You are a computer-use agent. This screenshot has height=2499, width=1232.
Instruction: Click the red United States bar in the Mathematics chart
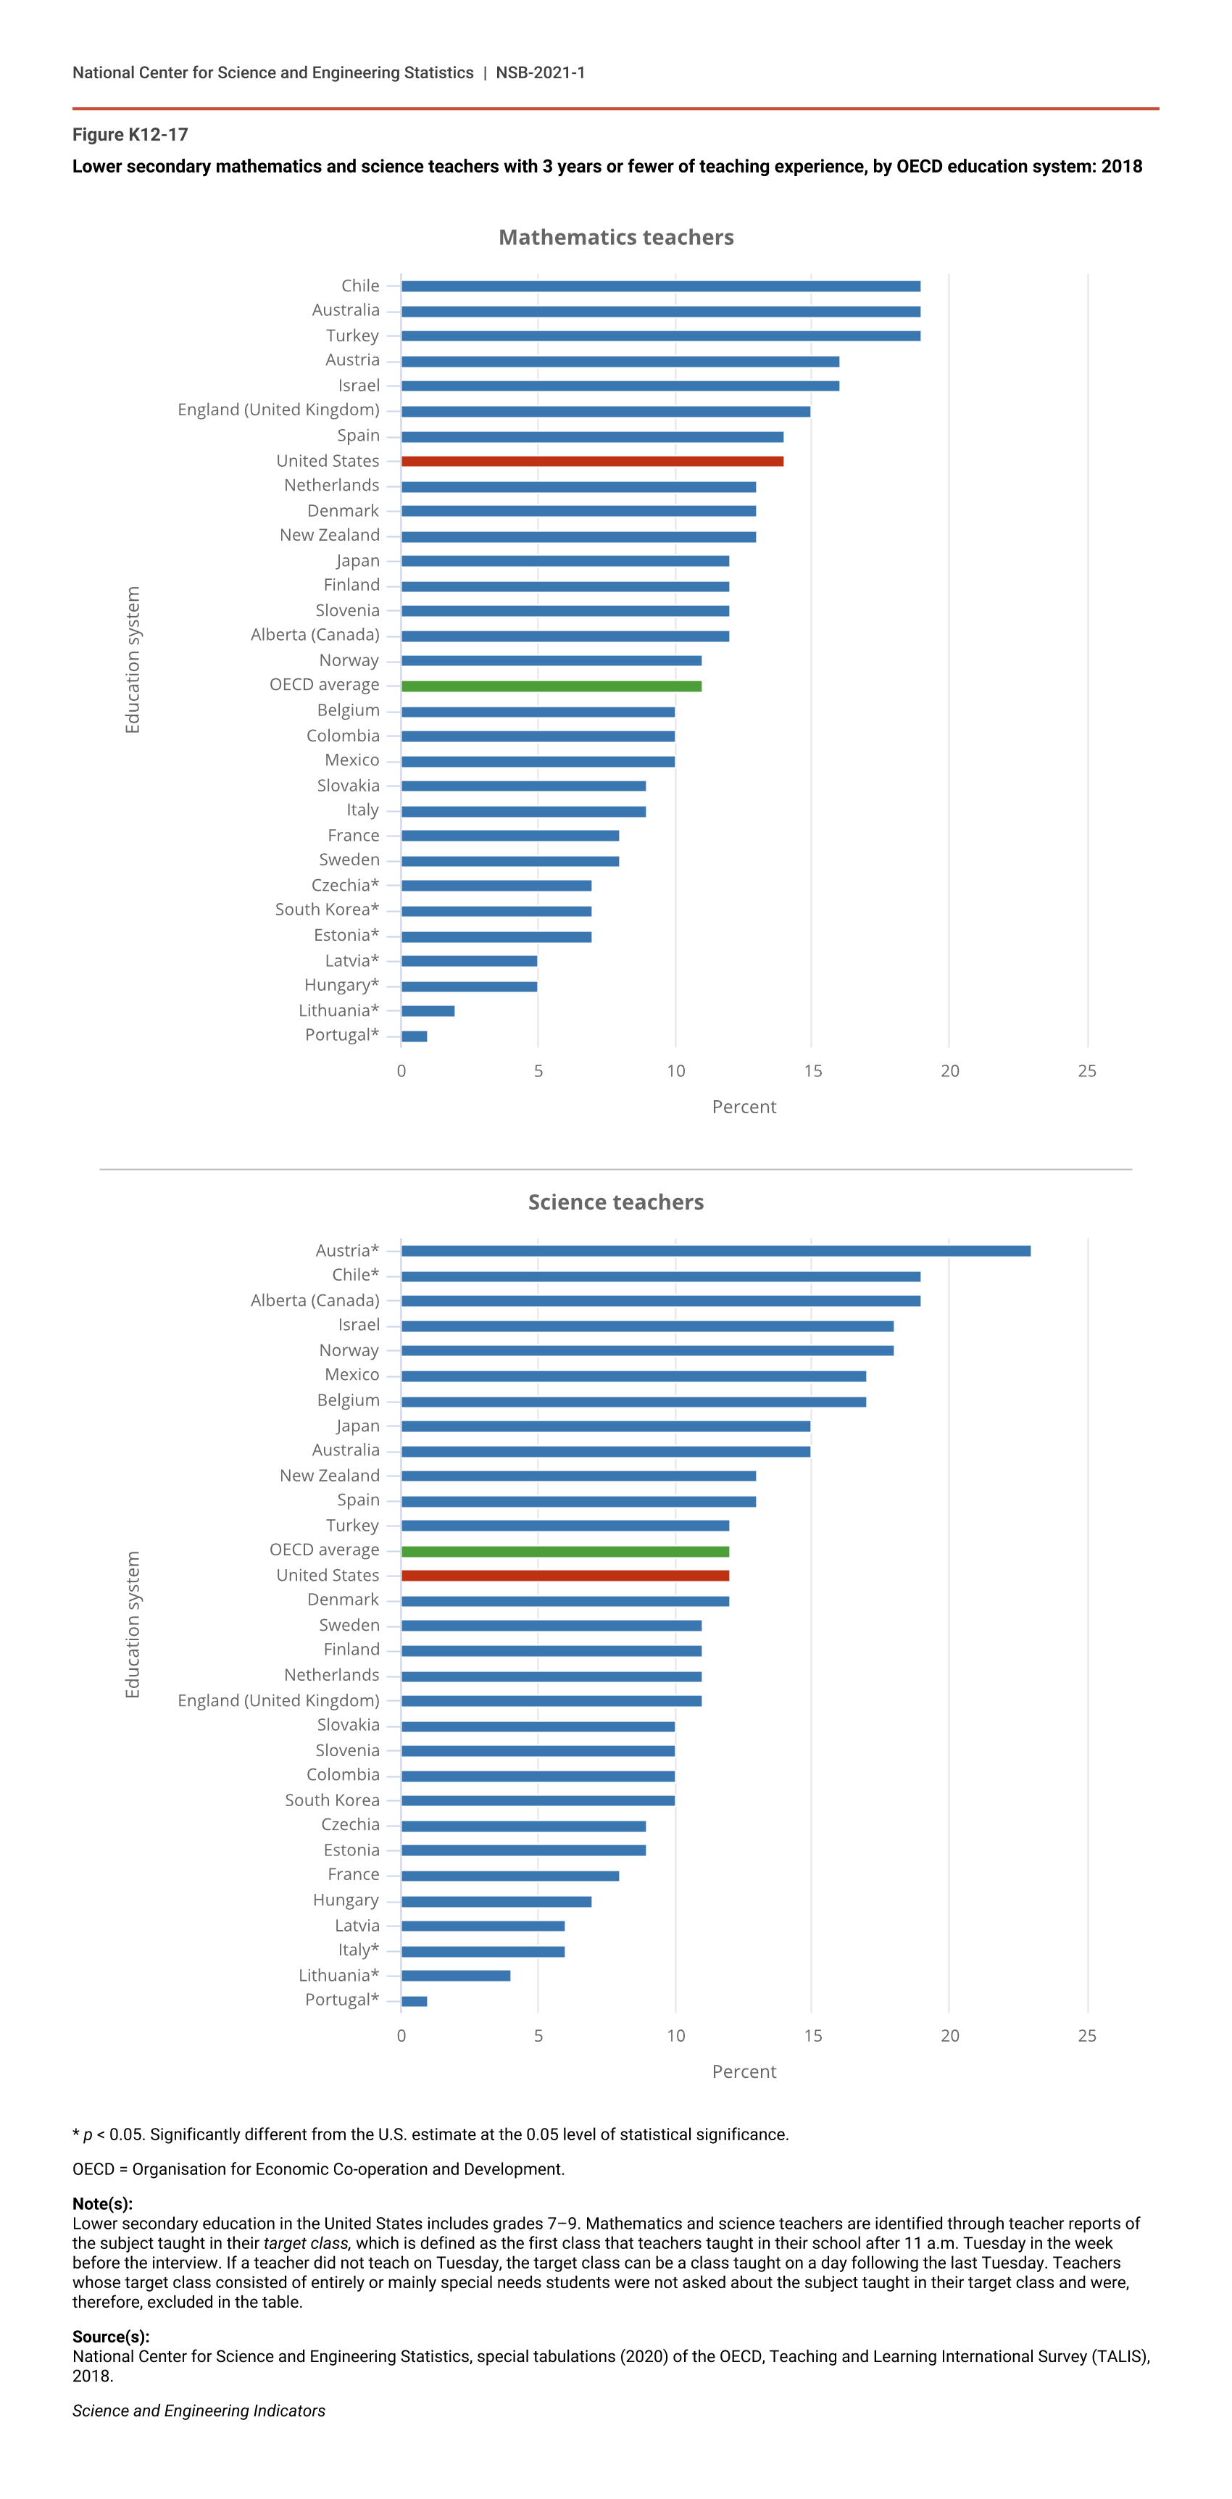click(592, 461)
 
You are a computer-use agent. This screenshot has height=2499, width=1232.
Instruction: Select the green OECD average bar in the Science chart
click(565, 1550)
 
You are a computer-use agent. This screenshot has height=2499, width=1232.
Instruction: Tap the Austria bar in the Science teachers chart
click(715, 1250)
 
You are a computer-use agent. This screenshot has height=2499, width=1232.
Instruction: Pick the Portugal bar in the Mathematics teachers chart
click(415, 1036)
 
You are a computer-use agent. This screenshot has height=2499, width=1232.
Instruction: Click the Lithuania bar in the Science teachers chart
click(455, 1975)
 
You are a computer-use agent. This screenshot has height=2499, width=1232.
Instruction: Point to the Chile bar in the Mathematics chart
click(659, 286)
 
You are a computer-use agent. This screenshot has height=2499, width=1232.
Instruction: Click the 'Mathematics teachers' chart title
click(616, 238)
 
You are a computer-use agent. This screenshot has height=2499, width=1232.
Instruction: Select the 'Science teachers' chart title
click(616, 1202)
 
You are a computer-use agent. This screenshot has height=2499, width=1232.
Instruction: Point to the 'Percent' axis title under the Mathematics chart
click(744, 1107)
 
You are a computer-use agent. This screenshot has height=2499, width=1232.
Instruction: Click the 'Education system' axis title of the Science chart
click(133, 1624)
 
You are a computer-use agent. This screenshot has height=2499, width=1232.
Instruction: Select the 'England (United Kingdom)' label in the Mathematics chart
click(278, 410)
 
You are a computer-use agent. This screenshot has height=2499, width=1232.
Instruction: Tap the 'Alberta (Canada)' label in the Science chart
click(315, 1300)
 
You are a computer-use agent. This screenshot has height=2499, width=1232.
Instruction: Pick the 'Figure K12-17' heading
click(130, 135)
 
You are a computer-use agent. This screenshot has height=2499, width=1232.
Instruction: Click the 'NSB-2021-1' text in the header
click(541, 72)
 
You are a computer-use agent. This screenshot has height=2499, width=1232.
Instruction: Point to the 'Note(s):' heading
click(102, 2203)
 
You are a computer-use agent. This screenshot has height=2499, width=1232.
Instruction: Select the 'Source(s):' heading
click(111, 2336)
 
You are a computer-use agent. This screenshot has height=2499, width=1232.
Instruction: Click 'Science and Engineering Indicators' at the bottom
click(199, 2411)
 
